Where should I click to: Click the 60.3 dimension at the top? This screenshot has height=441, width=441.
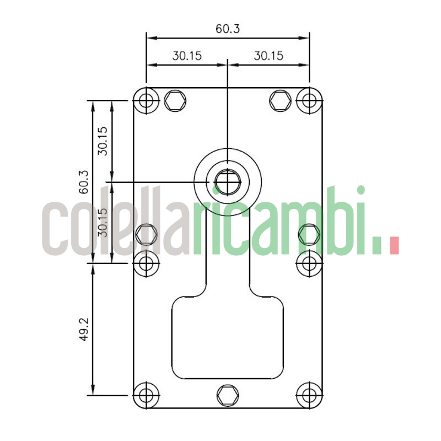pos(228,29)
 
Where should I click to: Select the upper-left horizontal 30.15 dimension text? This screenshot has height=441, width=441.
pos(187,55)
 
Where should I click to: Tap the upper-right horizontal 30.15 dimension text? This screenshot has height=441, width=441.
pos(268,55)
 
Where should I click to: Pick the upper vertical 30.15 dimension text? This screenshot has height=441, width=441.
pos(103,141)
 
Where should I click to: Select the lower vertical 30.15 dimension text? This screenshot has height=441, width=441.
pos(103,222)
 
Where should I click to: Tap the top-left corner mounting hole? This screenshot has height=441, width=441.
pos(146,100)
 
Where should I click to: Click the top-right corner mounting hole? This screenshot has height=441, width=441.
pos(309,100)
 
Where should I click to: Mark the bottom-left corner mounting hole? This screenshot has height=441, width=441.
pos(146,395)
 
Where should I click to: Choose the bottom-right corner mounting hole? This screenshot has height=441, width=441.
pos(309,395)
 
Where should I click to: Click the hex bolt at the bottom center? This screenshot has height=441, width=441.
pos(228,395)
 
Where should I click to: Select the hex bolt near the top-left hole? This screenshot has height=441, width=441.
pos(175,100)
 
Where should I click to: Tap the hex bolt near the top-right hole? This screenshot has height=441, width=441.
pos(280,100)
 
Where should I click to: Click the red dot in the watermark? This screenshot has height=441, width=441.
pos(394,245)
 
